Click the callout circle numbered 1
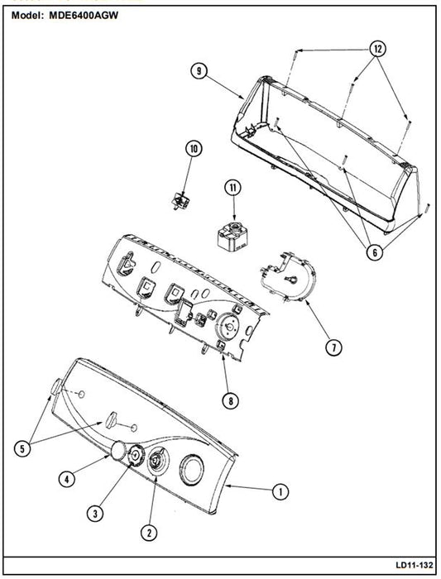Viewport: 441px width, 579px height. tap(280, 491)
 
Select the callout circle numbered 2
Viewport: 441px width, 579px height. tap(149, 533)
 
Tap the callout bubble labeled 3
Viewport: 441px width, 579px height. tap(95, 513)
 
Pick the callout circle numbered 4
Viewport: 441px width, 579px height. tap(67, 479)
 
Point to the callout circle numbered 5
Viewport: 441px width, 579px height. tap(22, 448)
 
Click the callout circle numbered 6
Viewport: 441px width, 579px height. tap(375, 252)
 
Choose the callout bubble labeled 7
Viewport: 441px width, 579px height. tap(333, 347)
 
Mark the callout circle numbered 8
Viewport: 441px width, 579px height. tap(231, 400)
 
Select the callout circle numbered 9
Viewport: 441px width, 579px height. tap(199, 70)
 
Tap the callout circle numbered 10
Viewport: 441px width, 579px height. tap(194, 149)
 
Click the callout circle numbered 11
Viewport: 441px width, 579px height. tap(232, 188)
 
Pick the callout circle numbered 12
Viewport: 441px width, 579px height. tap(377, 48)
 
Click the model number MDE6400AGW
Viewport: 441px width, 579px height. tap(84, 15)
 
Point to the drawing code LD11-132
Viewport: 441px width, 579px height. tap(414, 565)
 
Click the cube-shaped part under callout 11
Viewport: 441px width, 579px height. tap(231, 236)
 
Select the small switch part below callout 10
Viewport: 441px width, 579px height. tap(180, 201)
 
